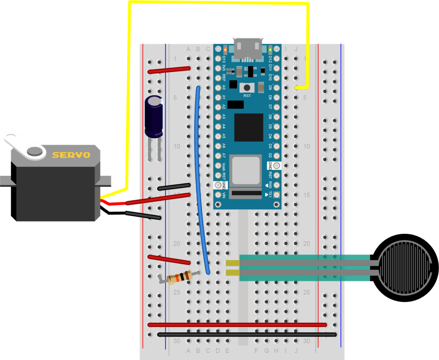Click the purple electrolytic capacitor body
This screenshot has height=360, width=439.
(x=154, y=117)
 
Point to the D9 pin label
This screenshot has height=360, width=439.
(x=270, y=88)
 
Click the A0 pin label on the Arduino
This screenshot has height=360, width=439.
(x=224, y=88)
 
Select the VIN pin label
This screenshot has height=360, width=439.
(x=224, y=195)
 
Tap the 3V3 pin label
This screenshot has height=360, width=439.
(x=224, y=68)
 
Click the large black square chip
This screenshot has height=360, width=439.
(x=249, y=127)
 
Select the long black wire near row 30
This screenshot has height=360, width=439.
(x=247, y=334)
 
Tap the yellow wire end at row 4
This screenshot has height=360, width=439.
(x=297, y=88)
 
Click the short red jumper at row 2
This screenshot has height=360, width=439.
(x=169, y=70)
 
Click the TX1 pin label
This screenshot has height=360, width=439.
(x=270, y=195)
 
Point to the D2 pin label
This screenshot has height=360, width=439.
(x=270, y=156)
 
